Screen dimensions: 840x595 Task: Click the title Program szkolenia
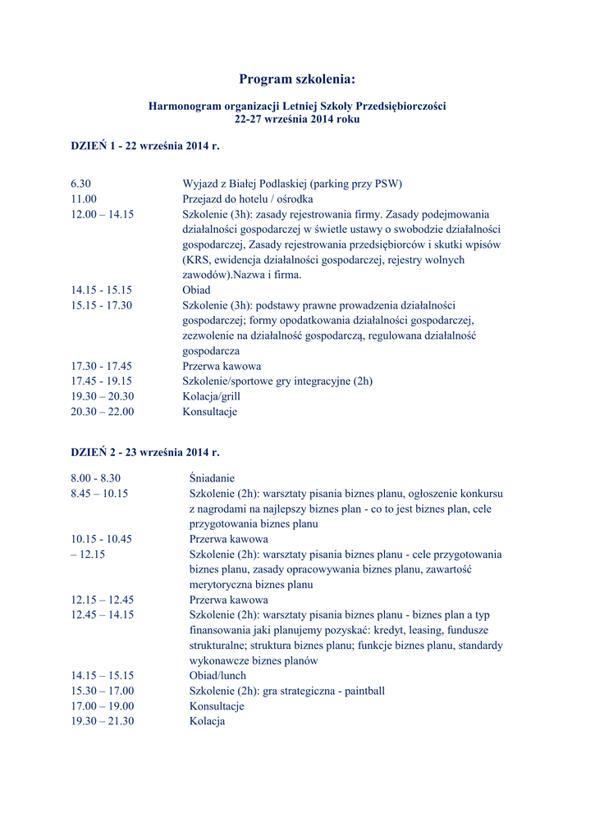297,80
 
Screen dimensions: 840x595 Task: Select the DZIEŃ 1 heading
145,146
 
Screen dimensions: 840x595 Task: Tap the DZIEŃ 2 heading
145,452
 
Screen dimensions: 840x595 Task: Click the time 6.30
80,184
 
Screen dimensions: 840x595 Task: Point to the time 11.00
84,199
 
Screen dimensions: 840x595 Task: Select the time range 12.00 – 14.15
102,214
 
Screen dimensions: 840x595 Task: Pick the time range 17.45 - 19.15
101,381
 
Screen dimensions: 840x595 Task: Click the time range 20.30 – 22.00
102,412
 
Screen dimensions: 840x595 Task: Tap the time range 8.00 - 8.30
95,478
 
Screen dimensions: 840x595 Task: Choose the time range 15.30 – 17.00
102,691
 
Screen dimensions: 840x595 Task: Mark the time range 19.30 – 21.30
102,721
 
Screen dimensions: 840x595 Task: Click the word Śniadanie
212,478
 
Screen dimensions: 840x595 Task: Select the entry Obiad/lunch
217,676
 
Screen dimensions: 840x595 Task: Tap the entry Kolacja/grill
211,396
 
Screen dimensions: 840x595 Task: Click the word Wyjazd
199,184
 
